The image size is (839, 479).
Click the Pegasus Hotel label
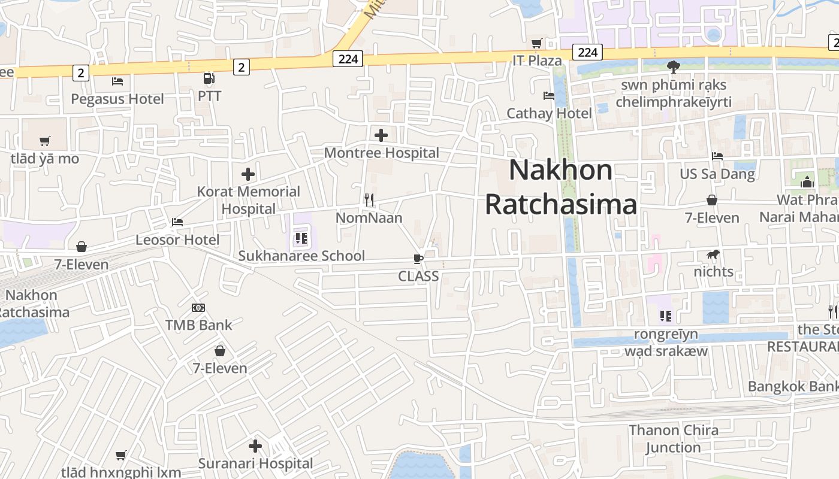click(x=117, y=99)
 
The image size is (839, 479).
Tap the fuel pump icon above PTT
click(x=209, y=78)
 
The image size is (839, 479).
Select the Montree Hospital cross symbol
click(x=381, y=135)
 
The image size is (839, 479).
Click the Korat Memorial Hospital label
click(x=249, y=200)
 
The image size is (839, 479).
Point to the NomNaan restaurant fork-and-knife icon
click(x=369, y=199)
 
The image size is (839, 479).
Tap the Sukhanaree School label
click(x=301, y=256)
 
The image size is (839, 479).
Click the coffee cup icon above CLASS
click(x=418, y=259)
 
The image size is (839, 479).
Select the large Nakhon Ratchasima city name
click(x=560, y=187)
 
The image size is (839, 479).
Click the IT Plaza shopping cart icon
click(x=537, y=43)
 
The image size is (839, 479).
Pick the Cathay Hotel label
click(x=549, y=113)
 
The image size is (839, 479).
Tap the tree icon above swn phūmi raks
click(x=674, y=66)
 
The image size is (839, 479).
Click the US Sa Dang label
click(x=717, y=174)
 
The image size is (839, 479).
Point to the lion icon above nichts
click(x=713, y=254)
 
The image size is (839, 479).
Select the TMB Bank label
click(x=198, y=325)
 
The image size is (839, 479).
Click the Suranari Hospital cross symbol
click(x=255, y=446)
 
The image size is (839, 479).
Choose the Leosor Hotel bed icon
click(x=177, y=222)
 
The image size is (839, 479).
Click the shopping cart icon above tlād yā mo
click(x=45, y=141)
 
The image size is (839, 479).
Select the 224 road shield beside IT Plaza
click(x=587, y=53)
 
